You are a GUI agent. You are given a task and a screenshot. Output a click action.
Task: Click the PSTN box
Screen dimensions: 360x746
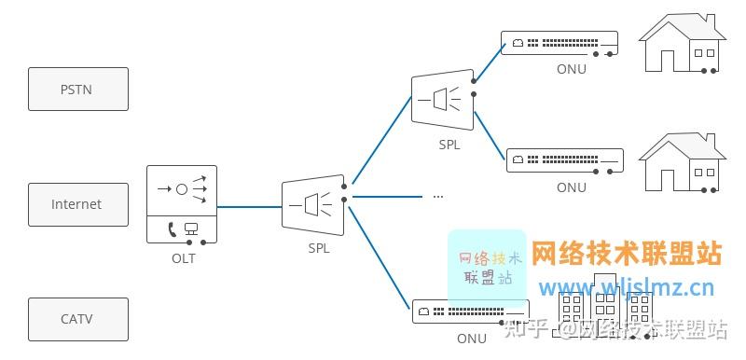pos(77,90)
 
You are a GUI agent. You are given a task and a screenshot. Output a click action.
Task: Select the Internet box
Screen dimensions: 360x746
pos(77,204)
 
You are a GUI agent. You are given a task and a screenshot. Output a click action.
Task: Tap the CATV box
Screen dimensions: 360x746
pos(77,319)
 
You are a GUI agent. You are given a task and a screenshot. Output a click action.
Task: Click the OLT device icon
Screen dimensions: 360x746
pos(182,204)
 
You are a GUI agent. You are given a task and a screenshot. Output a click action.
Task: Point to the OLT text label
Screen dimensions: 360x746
pos(183,258)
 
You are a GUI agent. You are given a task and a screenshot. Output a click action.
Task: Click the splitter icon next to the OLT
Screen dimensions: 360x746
pos(313,205)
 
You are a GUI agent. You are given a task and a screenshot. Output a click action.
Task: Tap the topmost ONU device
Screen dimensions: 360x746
pos(559,43)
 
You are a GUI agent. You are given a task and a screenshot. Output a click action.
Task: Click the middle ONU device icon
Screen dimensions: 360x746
pos(564,159)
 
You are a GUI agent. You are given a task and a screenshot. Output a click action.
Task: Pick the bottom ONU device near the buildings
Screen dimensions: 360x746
pos(471,311)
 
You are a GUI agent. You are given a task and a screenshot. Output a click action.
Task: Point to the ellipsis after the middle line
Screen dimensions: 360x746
pos(437,196)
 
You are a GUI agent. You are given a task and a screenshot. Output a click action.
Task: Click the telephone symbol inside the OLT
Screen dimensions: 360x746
pos(173,228)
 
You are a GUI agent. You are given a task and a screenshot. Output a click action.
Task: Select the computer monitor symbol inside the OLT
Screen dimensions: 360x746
pos(191,228)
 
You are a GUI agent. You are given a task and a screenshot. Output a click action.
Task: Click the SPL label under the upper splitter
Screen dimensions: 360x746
pos(449,145)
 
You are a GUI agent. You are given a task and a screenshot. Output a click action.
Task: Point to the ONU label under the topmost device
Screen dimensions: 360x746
pos(571,69)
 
